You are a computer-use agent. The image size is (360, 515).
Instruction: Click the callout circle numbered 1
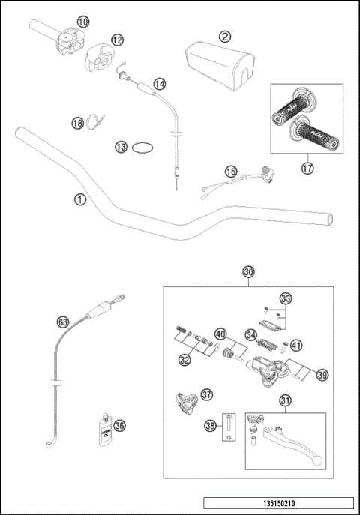79,199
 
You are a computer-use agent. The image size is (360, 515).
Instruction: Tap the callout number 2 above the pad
223,35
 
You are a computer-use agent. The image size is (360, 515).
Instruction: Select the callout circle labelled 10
82,22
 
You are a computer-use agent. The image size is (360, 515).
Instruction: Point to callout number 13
121,147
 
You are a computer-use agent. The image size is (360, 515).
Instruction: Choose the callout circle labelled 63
63,323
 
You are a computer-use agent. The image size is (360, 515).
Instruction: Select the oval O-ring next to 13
144,148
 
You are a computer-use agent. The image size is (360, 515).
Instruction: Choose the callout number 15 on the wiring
231,172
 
